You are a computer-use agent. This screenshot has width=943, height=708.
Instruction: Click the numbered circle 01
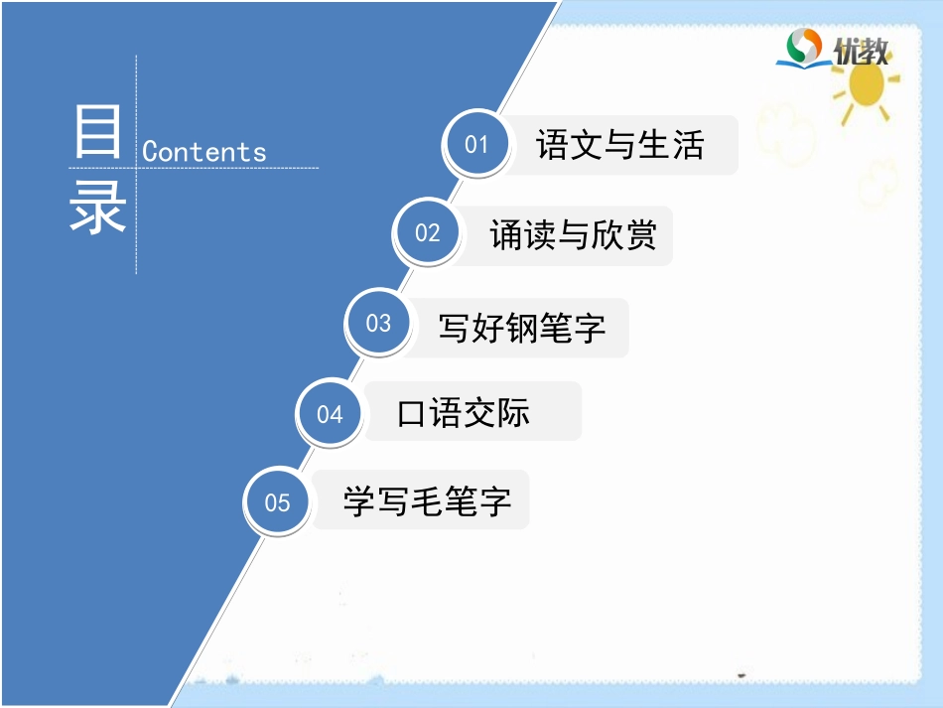[x=477, y=145]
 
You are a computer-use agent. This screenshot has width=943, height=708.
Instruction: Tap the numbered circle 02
[x=428, y=233]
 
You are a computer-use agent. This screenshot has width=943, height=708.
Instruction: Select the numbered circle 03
[x=379, y=324]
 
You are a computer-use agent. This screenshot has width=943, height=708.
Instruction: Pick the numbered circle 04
[x=330, y=414]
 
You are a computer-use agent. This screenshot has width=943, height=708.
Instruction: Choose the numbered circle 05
[x=278, y=502]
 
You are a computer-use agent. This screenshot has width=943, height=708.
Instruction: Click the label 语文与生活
[x=619, y=145]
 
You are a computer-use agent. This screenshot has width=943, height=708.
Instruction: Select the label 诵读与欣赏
[x=573, y=235]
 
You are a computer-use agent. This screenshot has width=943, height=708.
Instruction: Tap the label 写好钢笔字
[x=522, y=327]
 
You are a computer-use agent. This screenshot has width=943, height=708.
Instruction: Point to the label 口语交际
[x=464, y=413]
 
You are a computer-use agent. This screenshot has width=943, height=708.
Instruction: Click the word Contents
[x=204, y=152]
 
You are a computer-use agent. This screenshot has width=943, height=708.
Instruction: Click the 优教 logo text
[x=861, y=51]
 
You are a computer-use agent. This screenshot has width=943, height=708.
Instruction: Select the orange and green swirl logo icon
[x=805, y=47]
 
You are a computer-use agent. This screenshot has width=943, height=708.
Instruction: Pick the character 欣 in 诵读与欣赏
[x=606, y=235]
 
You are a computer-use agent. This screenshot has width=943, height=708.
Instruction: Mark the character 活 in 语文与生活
[x=687, y=145]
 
